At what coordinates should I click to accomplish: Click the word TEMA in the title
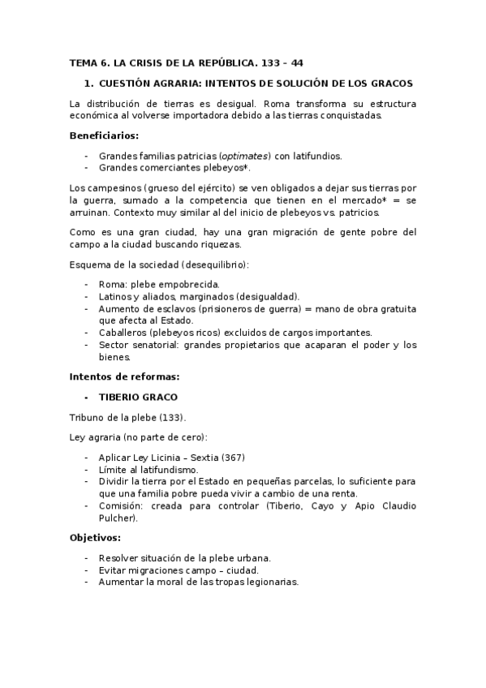click(83, 62)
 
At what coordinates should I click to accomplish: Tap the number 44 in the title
click(297, 62)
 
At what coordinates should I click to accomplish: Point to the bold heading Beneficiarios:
click(104, 135)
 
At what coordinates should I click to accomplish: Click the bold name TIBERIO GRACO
click(138, 398)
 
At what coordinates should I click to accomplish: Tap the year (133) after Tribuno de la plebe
click(172, 418)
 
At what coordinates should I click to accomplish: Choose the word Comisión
click(123, 505)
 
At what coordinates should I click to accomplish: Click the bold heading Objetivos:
click(96, 538)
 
